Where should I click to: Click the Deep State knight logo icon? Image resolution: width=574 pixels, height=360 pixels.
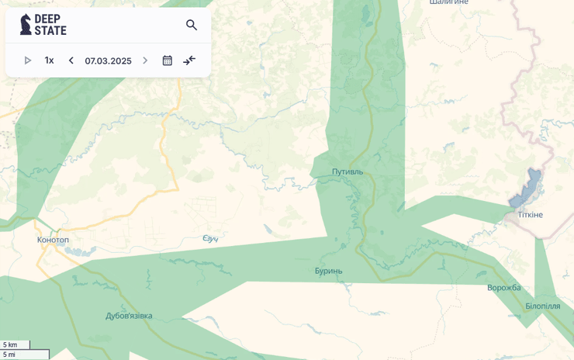[26, 24]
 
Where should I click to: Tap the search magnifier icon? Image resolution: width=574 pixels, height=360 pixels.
[192, 25]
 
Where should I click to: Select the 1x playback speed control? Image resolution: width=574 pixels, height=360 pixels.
[49, 61]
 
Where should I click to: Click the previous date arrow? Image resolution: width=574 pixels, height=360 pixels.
[71, 61]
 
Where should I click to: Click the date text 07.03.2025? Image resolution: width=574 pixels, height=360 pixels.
[108, 61]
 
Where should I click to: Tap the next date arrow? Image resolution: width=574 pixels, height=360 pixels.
[145, 61]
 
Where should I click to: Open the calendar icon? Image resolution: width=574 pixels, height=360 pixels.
[167, 61]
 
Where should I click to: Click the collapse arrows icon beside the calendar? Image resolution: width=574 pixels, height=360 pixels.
[189, 61]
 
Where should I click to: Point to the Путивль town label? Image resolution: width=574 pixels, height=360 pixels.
[347, 171]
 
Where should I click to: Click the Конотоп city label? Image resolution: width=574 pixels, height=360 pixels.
[53, 240]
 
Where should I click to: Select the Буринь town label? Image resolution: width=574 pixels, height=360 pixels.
[328, 271]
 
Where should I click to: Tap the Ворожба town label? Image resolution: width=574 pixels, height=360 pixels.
[503, 288]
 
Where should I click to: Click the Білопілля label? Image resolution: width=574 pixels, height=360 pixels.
[542, 306]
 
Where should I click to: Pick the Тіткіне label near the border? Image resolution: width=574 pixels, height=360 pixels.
[531, 215]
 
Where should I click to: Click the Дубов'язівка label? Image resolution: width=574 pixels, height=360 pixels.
[129, 316]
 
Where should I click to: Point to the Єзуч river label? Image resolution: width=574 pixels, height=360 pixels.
[210, 238]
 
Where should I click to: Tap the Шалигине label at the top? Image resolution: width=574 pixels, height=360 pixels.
[449, 2]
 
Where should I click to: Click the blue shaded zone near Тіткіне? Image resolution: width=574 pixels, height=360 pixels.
[526, 189]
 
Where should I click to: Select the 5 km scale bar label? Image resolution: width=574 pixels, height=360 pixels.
[10, 344]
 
